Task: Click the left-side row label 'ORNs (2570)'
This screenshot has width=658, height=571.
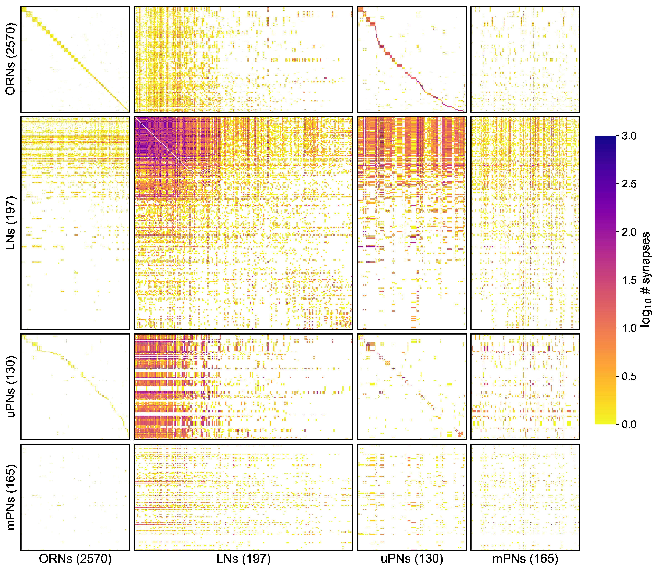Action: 11,59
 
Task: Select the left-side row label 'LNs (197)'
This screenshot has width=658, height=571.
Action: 11,223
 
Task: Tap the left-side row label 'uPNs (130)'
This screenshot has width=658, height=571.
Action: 11,386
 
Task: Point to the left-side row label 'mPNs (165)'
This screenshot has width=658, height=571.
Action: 11,497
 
